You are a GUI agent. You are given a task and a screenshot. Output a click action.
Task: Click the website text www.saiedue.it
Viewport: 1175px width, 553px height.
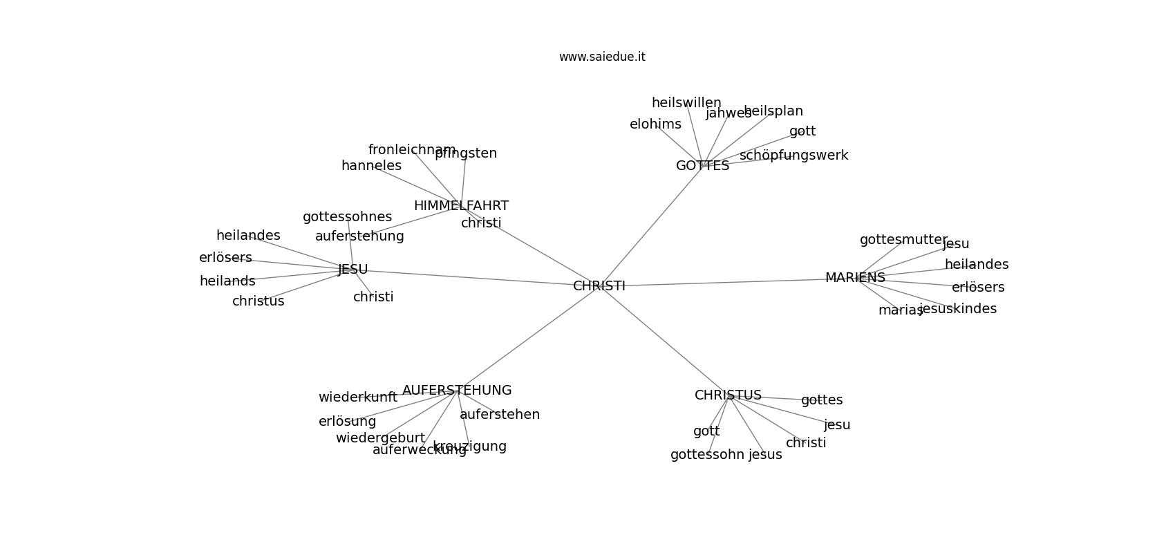602,57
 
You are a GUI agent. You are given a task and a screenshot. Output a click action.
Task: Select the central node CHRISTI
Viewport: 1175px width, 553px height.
599,286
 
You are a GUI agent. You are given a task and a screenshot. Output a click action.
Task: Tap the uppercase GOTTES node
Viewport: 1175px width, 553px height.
702,166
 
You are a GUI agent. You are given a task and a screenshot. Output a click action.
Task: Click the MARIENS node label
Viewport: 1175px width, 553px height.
855,278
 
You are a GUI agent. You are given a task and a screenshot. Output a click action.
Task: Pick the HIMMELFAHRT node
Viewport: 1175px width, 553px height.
461,206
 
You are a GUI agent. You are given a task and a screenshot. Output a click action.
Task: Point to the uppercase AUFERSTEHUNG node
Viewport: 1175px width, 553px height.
457,391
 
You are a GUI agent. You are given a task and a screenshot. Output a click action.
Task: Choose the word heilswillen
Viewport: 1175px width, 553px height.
686,103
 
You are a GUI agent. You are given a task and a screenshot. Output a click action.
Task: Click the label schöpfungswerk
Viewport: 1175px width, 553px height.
793,156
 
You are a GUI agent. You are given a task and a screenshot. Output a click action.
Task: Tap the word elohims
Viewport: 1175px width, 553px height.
655,124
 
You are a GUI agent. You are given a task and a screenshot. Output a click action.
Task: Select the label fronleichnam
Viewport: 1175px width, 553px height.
412,150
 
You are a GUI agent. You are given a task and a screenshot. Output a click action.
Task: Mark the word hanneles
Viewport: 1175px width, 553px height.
371,166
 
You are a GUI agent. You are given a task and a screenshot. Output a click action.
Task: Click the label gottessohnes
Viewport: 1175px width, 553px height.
347,217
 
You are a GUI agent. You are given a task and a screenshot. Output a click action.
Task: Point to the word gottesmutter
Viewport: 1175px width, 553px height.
903,240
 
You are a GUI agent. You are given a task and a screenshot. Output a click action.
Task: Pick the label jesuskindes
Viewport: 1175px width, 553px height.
958,309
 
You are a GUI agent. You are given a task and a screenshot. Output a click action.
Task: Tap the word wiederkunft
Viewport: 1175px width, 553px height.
358,397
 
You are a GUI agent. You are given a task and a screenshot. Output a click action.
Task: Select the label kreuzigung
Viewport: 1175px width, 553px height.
470,447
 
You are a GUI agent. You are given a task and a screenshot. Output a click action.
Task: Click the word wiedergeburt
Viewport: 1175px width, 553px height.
380,438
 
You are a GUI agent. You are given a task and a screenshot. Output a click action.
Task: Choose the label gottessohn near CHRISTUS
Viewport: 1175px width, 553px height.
707,455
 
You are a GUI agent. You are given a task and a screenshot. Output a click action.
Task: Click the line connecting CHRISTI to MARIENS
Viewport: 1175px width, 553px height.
726,282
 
